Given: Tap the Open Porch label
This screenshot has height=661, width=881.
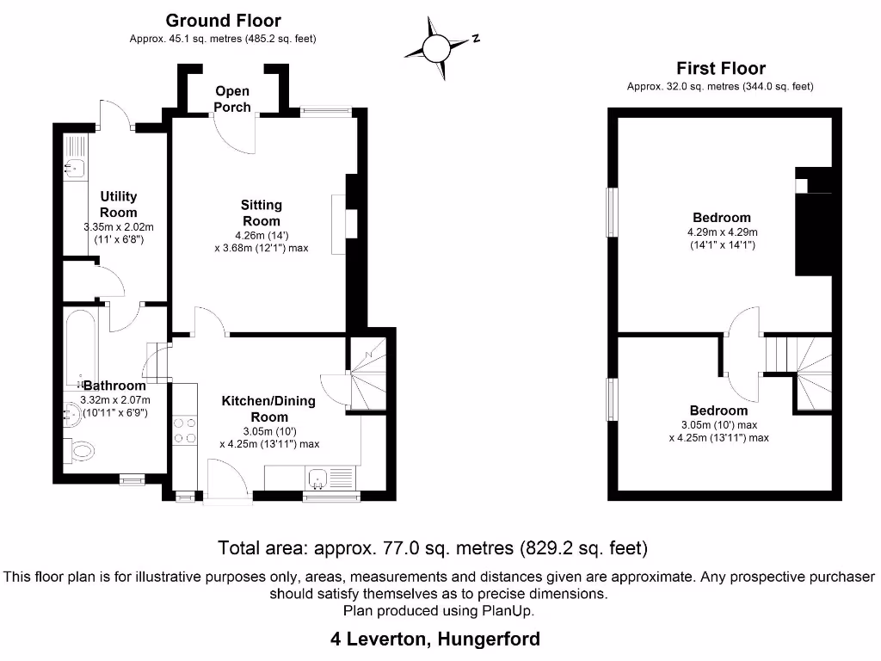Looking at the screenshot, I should pos(232,99).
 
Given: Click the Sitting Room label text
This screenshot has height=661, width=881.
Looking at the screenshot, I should pos(261,213).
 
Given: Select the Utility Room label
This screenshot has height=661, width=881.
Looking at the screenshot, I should pos(118,205).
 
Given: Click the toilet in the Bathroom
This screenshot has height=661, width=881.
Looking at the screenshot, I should pos(81,448).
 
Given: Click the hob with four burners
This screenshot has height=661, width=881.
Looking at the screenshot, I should pos(184,430).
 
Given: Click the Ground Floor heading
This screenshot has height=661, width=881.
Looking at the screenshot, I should pos(223,21).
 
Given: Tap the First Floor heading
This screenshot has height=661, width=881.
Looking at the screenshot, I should pos(720,68).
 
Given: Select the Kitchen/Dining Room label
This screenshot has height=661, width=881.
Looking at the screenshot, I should pos(268,409).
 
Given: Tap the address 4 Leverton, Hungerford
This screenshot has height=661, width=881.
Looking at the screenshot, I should pos(435,639).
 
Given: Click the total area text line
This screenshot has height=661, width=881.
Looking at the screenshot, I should pos(433,547).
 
